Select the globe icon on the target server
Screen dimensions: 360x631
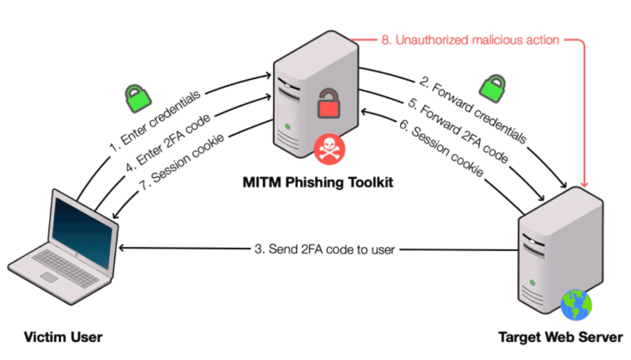click(576, 303)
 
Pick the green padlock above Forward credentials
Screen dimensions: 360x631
click(493, 88)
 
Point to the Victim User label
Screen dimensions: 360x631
click(63, 337)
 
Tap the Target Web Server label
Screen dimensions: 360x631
click(560, 337)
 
